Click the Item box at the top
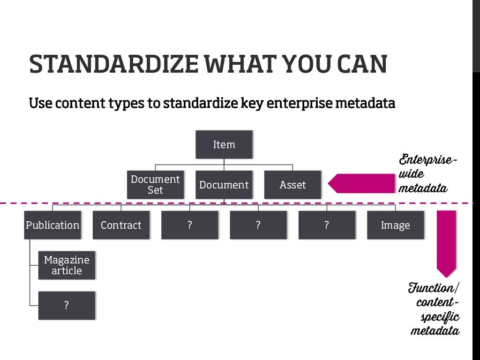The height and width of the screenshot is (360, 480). click(224, 144)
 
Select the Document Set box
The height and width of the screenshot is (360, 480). click(155, 185)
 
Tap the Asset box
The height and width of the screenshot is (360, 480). click(292, 185)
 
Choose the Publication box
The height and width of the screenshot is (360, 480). click(52, 225)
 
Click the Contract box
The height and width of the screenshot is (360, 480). click(121, 225)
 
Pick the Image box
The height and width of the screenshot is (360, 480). click(395, 225)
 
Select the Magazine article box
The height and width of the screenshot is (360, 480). click(67, 265)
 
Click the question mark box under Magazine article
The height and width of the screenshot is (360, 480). click(67, 306)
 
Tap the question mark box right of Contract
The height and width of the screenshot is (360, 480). click(189, 225)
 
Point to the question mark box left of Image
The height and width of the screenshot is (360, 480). click(327, 225)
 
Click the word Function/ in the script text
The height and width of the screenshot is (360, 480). click(434, 287)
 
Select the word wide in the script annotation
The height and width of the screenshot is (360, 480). click(412, 174)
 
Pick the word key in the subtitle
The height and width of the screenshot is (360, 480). click(253, 103)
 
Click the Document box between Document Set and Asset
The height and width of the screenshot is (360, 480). click(224, 185)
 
